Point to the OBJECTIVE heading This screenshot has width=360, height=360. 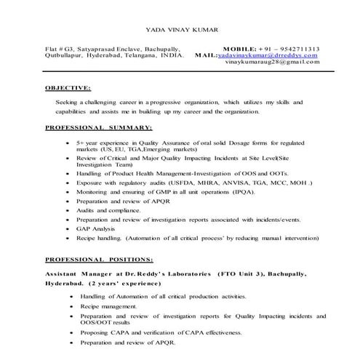click(68, 87)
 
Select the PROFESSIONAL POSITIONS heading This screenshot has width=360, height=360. click(99, 259)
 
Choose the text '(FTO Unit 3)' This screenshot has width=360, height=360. click(241, 273)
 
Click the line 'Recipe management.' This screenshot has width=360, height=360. click(108, 307)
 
